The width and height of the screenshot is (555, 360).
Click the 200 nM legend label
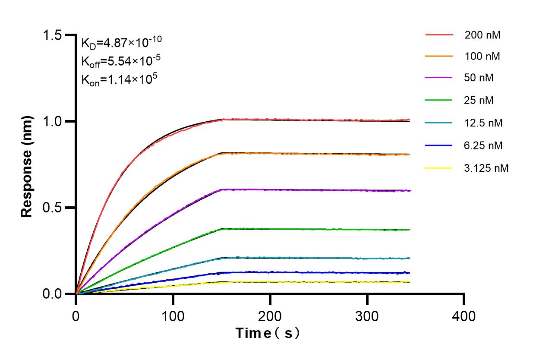tap(482, 35)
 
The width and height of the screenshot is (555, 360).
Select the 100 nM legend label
tap(482, 57)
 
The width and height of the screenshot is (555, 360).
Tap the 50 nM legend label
tap(479, 78)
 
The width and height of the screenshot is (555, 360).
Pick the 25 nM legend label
tap(479, 101)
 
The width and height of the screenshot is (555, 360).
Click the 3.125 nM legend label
tap(486, 168)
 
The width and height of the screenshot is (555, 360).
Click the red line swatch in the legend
tap(439, 35)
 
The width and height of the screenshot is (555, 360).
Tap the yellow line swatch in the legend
tap(439, 167)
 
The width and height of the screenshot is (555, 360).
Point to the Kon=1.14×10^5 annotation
tap(119, 79)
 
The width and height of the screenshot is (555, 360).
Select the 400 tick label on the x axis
tap(464, 316)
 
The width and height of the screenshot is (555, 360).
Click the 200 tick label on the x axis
tap(270, 316)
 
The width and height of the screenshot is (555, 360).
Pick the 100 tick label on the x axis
tap(173, 316)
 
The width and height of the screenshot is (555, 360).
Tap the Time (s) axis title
tap(268, 333)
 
